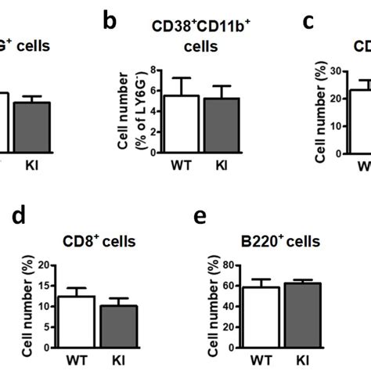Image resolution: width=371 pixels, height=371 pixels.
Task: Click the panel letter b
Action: coord(110,21)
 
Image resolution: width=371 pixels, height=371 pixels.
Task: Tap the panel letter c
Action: coord(308,21)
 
